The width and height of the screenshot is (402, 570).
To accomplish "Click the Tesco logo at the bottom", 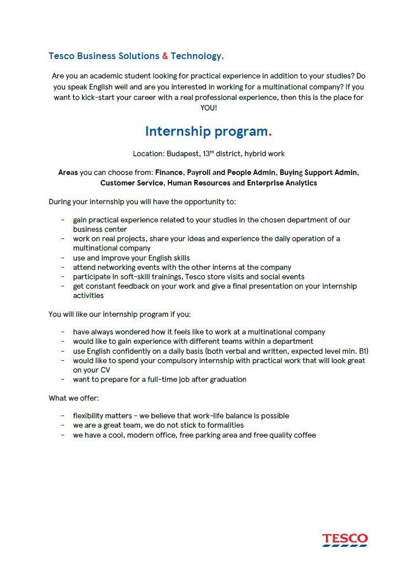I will pyautogui.click(x=345, y=539).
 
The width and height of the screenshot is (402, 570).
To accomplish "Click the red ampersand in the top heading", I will pyautogui.click(x=165, y=56).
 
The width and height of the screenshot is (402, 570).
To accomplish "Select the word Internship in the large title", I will pyautogui.click(x=178, y=131).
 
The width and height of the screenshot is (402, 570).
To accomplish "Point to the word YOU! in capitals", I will pyautogui.click(x=209, y=108).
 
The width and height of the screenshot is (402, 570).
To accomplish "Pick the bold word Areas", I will pyautogui.click(x=68, y=173).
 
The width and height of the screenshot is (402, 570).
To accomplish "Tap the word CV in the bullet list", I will pyautogui.click(x=105, y=370).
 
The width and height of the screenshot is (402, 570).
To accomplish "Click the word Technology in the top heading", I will pyautogui.click(x=195, y=56).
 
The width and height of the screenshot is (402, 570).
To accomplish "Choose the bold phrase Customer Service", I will pyautogui.click(x=132, y=183).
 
